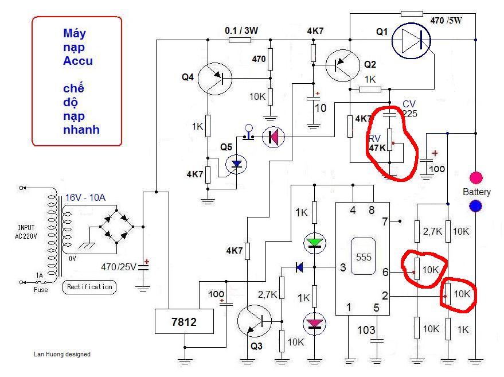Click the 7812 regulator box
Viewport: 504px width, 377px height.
coord(184,321)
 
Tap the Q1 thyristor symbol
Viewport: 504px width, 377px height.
coord(411,41)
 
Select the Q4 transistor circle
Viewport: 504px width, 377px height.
coord(214,79)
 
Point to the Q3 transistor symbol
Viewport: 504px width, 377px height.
coord(254,321)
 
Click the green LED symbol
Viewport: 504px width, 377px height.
coord(315,243)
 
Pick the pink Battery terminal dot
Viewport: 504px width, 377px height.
coord(476,178)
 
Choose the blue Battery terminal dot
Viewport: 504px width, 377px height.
coord(476,206)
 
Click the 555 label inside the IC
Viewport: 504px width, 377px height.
coord(364,257)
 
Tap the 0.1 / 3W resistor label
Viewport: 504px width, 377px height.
coord(241,30)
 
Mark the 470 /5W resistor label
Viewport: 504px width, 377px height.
coord(446,21)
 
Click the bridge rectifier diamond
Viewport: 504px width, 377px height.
coord(116,227)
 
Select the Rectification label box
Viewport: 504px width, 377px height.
coord(89,287)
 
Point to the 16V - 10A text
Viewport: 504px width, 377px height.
coord(85,197)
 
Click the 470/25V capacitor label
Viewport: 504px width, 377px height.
coord(119,267)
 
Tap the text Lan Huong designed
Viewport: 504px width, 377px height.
coord(62,354)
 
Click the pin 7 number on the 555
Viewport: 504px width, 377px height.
coord(385,221)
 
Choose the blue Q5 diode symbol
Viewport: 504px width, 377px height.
coord(236,164)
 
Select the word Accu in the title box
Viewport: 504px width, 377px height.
coord(78,61)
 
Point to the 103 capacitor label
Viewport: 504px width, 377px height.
coord(366,330)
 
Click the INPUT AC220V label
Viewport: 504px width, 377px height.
coord(26,232)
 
